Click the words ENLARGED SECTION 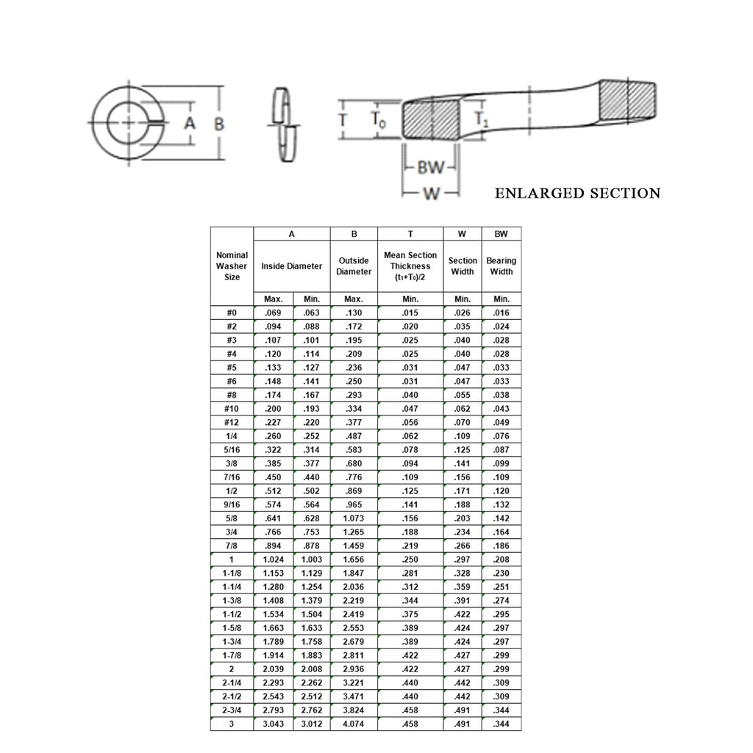coord(577,193)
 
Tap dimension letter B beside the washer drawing coord(218,124)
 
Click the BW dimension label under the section coord(431,168)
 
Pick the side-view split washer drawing coord(285,125)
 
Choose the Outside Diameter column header coord(354,266)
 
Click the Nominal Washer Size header coord(232,266)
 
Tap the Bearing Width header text coord(502,266)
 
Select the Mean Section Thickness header coord(410,266)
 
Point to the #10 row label coord(232,409)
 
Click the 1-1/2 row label coord(232,615)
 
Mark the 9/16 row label coord(232,504)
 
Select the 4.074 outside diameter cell coord(354,724)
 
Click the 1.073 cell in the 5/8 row coord(354,518)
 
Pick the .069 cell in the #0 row coord(274,313)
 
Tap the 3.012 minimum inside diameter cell coord(311,724)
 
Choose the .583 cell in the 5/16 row coord(354,450)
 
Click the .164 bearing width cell coord(502,532)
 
